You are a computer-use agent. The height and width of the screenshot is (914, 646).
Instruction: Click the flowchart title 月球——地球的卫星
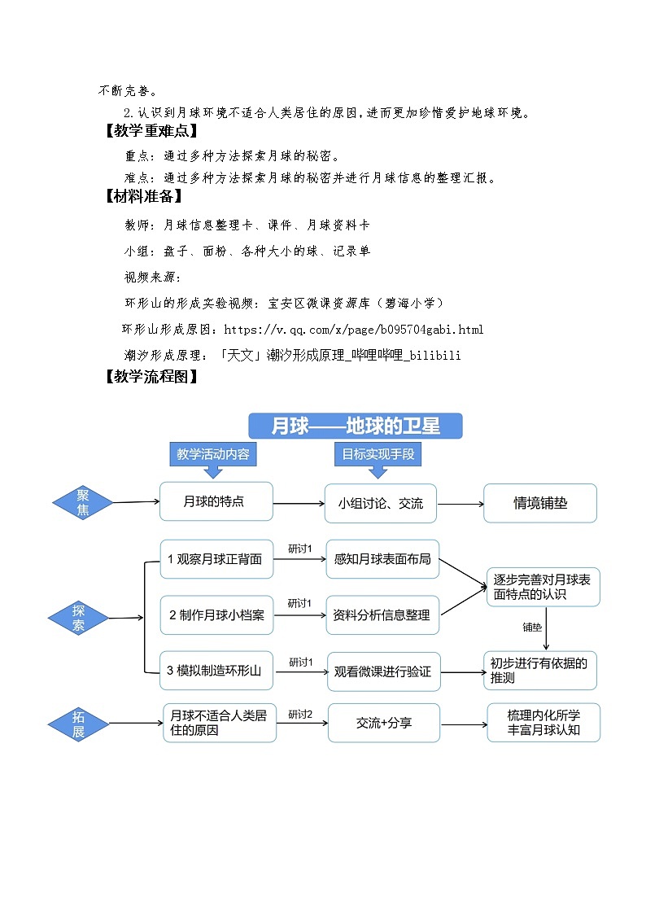(x=356, y=426)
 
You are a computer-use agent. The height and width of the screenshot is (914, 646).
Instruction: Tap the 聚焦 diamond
(x=83, y=502)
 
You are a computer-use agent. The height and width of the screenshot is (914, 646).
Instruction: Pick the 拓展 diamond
(x=78, y=724)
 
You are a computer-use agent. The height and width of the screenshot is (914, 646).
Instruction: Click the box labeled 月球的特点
(x=216, y=501)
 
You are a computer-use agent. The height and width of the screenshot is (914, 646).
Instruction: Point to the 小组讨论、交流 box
(x=381, y=503)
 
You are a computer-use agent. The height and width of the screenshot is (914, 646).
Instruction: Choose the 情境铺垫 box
(x=540, y=503)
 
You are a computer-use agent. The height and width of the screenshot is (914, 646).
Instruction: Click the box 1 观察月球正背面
(x=216, y=559)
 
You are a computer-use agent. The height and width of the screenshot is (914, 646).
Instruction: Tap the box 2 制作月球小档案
(x=216, y=615)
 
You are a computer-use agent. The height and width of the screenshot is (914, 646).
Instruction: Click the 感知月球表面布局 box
(x=382, y=559)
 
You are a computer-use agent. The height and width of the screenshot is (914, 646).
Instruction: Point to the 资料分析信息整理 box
(x=382, y=615)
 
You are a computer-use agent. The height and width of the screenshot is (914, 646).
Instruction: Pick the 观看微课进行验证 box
(x=383, y=671)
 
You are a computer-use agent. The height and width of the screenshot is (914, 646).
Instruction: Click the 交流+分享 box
(x=384, y=723)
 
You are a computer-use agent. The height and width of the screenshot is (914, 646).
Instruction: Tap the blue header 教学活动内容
(x=213, y=454)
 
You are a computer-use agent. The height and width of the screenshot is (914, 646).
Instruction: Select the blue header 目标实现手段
(x=378, y=454)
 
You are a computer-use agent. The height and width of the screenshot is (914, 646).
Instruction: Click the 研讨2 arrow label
(x=300, y=715)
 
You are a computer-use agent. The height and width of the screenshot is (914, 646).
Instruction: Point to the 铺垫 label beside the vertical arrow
(x=532, y=627)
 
